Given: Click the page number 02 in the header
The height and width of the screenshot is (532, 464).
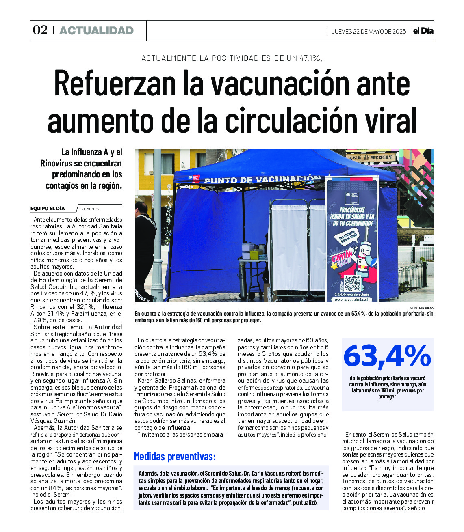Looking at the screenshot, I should tap(40, 30).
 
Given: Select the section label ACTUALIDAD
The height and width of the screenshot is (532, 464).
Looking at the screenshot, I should tap(96, 31).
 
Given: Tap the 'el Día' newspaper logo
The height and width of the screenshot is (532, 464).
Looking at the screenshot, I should tap(423, 31).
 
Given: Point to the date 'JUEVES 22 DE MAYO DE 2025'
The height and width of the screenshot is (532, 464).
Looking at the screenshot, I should tap(369, 32).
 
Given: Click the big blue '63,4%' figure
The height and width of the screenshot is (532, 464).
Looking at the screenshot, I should tap(387, 356).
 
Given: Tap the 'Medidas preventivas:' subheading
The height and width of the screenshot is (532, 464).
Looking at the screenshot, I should tap(175, 457).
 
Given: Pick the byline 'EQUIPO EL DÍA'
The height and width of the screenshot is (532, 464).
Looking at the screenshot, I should tap(48, 209).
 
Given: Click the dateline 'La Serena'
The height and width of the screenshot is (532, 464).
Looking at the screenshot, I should tap(90, 209).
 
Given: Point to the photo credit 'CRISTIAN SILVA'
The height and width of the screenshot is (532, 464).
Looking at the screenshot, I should tap(422, 308).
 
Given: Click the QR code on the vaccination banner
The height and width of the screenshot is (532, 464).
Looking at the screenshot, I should tap(352, 283).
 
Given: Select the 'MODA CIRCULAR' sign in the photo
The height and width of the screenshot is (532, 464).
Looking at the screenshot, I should tap(381, 157).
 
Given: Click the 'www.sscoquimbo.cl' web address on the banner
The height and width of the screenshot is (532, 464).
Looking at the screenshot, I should tap(352, 299).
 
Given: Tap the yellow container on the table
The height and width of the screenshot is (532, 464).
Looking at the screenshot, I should tap(254, 254).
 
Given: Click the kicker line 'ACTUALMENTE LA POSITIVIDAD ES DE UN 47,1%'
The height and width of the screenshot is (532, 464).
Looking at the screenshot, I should tap(232, 58).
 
